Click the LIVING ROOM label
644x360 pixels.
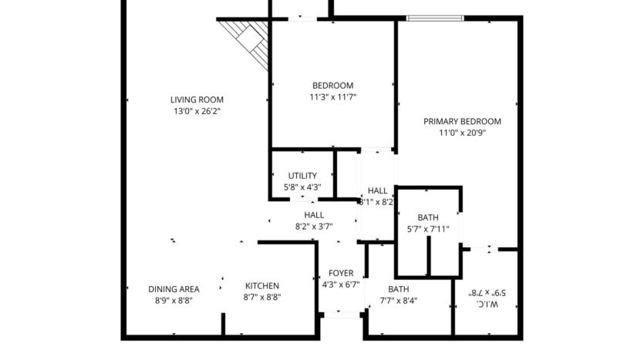[197, 99]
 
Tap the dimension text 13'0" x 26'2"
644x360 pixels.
[197, 111]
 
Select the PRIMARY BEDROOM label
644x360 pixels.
[462, 121]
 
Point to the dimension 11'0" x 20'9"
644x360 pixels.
[462, 133]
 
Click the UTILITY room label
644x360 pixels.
[302, 176]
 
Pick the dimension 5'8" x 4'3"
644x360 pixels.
[302, 187]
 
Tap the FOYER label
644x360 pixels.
[341, 273]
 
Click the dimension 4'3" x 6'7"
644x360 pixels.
[341, 284]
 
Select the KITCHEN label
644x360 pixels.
[262, 287]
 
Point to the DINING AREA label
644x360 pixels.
[174, 289]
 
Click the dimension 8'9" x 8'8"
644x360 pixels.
[174, 301]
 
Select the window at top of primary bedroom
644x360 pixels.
[435, 18]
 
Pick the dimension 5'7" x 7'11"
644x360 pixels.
[428, 229]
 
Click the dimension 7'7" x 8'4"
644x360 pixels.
[399, 301]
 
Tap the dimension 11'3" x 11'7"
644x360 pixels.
[332, 97]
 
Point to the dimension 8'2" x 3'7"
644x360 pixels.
[314, 227]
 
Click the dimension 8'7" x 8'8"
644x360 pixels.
[262, 298]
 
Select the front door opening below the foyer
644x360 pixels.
[342, 314]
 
